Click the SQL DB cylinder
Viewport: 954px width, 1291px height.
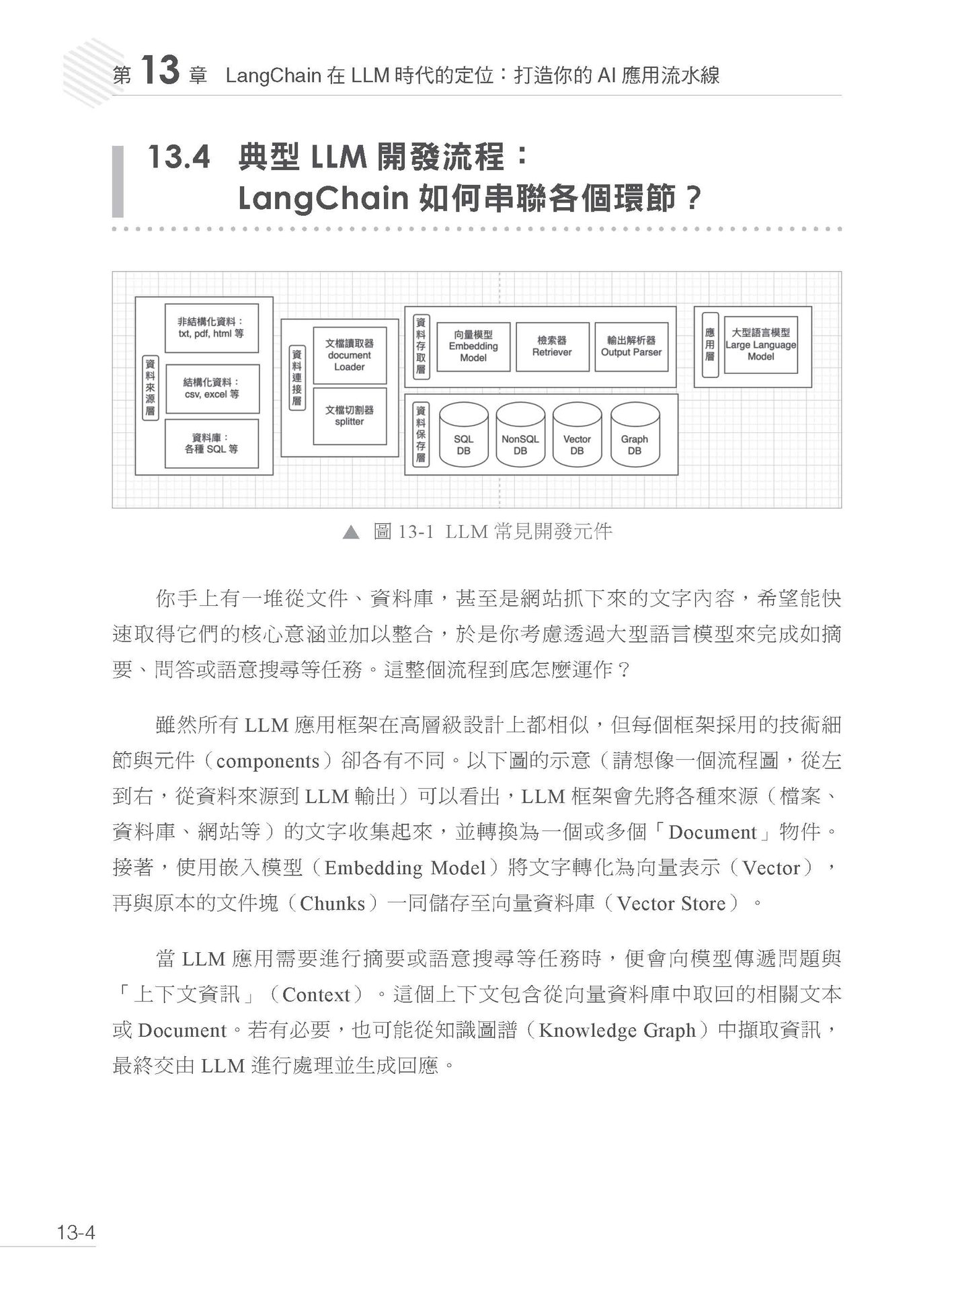coord(463,435)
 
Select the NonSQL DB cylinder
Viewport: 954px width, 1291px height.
coord(520,435)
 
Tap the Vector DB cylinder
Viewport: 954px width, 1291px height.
coord(577,435)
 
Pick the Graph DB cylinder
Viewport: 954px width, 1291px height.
coord(635,435)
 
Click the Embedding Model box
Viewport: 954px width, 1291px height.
coord(473,346)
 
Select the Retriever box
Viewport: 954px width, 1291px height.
coord(552,346)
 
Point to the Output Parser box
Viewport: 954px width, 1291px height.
coord(631,346)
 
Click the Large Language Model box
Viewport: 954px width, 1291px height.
coord(760,345)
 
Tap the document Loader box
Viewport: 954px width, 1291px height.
coord(350,355)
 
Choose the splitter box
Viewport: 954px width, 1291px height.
coord(350,416)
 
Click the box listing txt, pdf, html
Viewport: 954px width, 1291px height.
coord(211,327)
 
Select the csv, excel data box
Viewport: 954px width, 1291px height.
coord(211,389)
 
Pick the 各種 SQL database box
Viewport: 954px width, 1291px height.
coord(211,443)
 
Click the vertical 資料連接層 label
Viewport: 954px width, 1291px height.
coord(296,377)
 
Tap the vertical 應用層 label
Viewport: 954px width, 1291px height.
coord(710,345)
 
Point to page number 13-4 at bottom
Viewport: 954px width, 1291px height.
coord(77,1233)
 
